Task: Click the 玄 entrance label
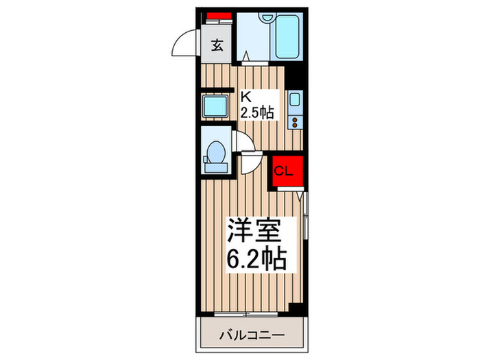217,46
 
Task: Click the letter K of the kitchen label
244,97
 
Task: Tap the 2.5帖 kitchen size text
256,112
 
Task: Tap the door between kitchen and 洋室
251,163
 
